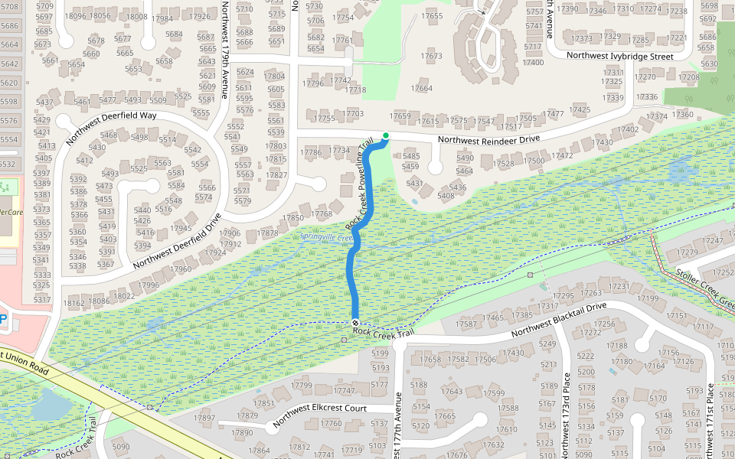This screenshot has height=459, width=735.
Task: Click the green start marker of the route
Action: coord(386,136)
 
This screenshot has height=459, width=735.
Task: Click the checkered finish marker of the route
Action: coord(355,322)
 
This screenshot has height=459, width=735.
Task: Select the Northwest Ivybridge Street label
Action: coord(619,56)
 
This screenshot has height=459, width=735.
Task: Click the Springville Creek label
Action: coord(325,236)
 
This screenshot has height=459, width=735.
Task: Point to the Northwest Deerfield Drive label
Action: coord(178,240)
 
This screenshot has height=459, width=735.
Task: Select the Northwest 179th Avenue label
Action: coord(224,50)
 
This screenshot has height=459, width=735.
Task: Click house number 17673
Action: coord(432,56)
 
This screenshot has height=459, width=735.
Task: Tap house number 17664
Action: coord(422,89)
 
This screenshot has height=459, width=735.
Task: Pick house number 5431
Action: coord(414,184)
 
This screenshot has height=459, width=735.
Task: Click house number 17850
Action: coord(293,218)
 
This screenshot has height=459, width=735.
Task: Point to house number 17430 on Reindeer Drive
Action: coord(603,142)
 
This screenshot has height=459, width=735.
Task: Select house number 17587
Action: coord(466,325)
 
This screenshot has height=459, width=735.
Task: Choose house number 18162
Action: coord(74,303)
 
